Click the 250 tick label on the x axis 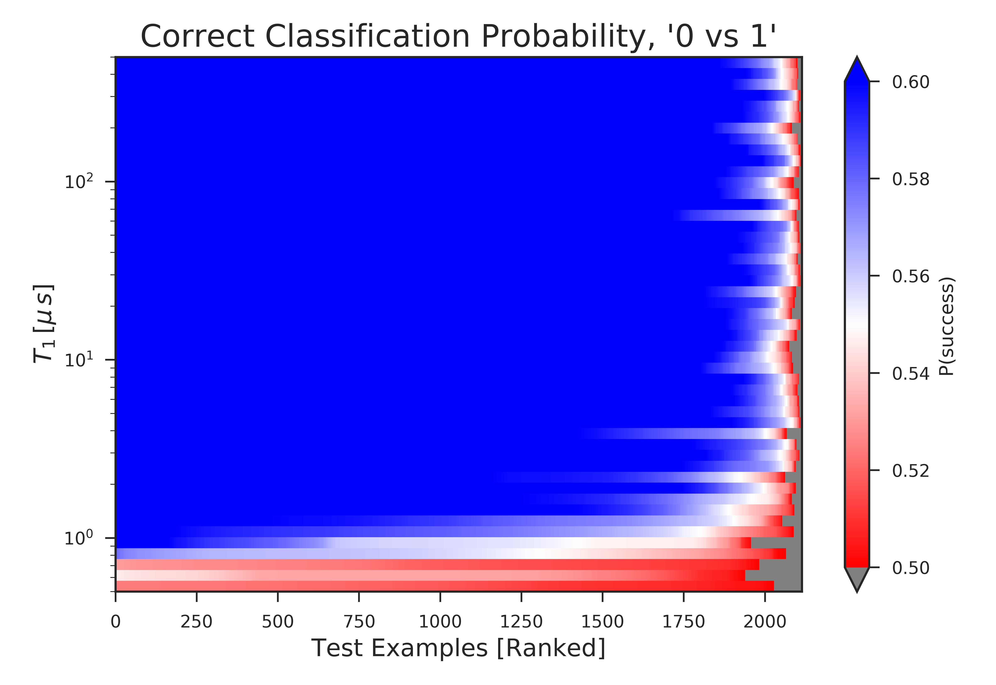pyautogui.click(x=197, y=621)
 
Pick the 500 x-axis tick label pyautogui.click(x=277, y=621)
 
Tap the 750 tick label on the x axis pyautogui.click(x=359, y=621)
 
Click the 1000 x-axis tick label pyautogui.click(x=440, y=621)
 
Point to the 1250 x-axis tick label pyautogui.click(x=521, y=621)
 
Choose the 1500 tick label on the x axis pyautogui.click(x=602, y=621)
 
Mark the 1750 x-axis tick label pyautogui.click(x=684, y=621)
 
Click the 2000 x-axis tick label pyautogui.click(x=765, y=621)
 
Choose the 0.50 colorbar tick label pyautogui.click(x=911, y=568)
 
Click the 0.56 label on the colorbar pyautogui.click(x=911, y=276)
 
